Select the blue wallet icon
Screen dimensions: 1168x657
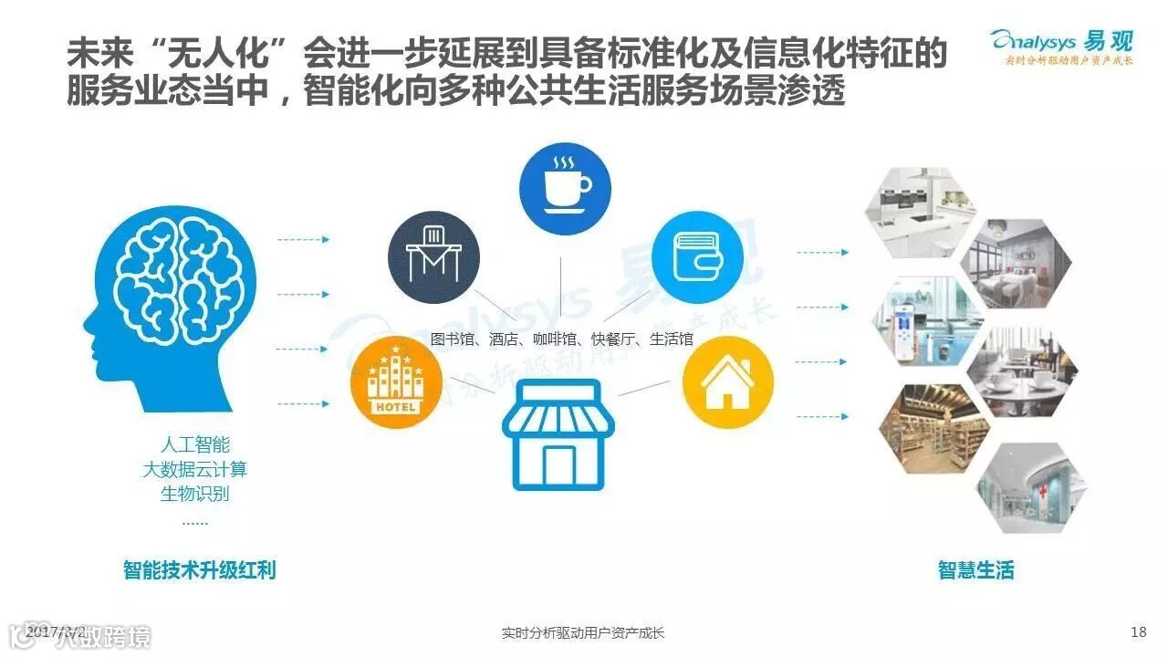[697, 257]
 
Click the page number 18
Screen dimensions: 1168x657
[1137, 632]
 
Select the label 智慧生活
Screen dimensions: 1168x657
[975, 570]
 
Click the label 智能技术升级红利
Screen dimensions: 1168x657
[200, 570]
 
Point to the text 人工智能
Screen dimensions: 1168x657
[195, 446]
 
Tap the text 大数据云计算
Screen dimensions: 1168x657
[195, 470]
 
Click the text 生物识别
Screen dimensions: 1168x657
[195, 494]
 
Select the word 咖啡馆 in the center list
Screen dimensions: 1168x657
[555, 339]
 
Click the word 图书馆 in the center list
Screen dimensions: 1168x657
[453, 339]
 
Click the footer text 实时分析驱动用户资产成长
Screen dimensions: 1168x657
[584, 632]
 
